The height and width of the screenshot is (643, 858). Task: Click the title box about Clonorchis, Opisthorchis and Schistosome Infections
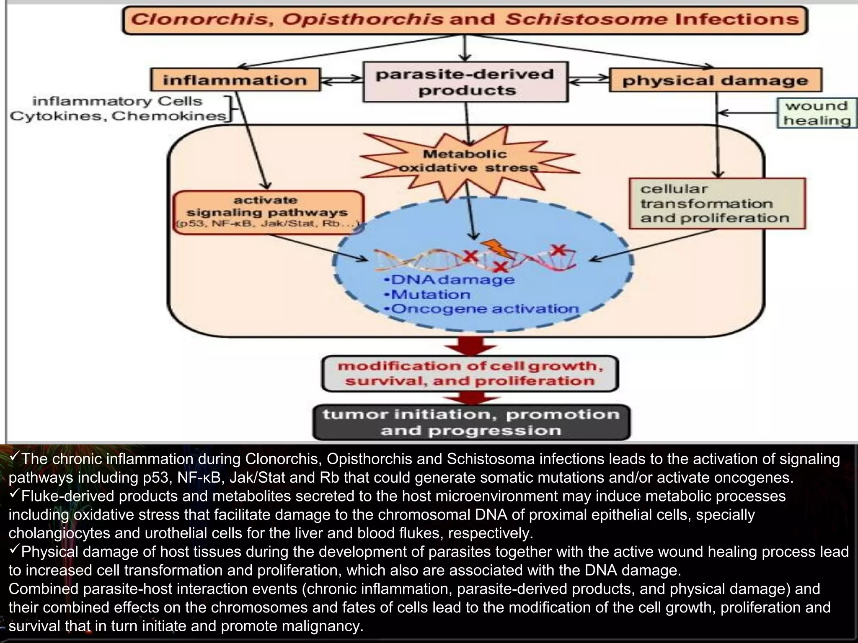coord(465,20)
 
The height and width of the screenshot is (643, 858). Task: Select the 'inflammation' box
coord(235,80)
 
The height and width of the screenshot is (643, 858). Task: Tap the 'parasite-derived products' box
coord(465,82)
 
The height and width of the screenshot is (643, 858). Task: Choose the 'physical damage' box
coord(716,80)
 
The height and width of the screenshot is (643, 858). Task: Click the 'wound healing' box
coord(817,113)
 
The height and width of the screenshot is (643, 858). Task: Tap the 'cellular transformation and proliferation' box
coord(717,203)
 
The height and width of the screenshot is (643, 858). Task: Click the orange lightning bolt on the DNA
coord(496,249)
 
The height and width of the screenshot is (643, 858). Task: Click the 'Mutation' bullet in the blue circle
coord(429,294)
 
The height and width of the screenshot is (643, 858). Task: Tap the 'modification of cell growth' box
coord(470,373)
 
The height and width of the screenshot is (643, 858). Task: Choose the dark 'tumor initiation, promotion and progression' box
coord(471,422)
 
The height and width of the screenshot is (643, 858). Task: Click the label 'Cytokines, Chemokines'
coord(117,116)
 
